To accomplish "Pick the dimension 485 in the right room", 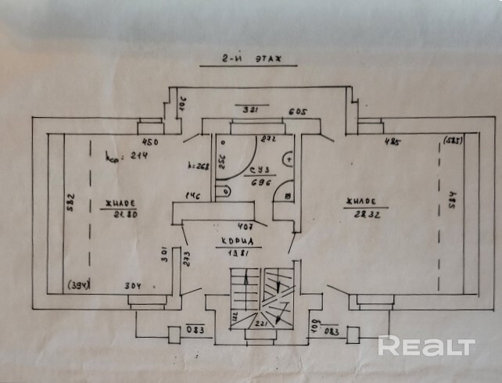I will [393, 142].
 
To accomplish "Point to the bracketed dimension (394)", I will [78, 284].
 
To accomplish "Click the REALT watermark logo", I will [427, 345].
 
